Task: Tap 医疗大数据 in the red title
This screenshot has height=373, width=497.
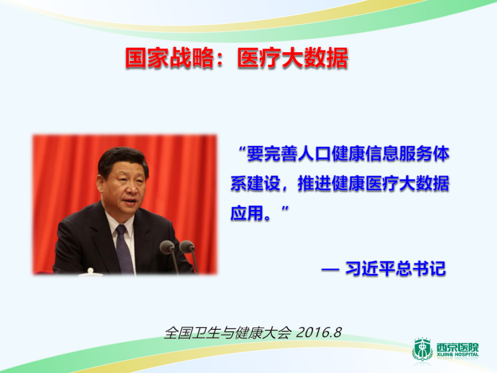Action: (293, 59)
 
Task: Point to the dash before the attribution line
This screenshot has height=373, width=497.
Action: (330, 270)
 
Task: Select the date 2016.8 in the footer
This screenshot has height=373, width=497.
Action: (319, 332)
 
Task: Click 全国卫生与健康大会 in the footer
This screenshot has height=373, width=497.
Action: (228, 332)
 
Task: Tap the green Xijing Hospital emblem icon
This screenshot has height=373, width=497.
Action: (422, 350)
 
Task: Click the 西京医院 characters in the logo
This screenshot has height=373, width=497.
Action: (457, 347)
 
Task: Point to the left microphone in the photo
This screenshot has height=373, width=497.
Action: (167, 247)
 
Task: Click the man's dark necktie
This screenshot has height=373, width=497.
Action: (123, 249)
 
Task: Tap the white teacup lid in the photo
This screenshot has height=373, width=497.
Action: (91, 271)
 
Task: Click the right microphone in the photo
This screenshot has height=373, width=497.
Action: (187, 246)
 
